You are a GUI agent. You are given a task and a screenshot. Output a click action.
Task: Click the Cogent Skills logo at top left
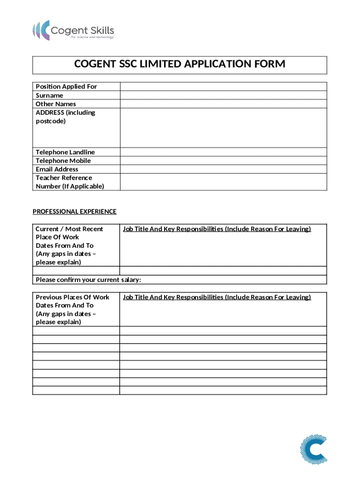click(x=73, y=30)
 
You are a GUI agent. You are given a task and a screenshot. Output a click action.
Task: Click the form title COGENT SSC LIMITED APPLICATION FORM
click(x=180, y=65)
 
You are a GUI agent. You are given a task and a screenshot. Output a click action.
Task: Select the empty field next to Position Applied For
click(x=223, y=87)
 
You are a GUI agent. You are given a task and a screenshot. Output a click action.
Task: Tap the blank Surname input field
click(x=223, y=95)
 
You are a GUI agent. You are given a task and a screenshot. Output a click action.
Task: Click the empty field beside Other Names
click(x=223, y=104)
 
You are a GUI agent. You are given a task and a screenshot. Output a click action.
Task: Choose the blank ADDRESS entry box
click(x=223, y=128)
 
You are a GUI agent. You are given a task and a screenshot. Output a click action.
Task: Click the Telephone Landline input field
click(x=223, y=152)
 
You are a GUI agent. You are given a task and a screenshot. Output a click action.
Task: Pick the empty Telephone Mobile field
click(x=223, y=160)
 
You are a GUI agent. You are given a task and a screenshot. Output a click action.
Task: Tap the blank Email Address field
click(x=223, y=169)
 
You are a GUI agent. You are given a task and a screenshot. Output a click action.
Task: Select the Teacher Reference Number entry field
click(x=223, y=182)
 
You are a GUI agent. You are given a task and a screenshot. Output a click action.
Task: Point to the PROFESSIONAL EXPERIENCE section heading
click(x=74, y=211)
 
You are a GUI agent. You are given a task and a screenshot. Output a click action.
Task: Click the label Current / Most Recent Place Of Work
click(x=69, y=233)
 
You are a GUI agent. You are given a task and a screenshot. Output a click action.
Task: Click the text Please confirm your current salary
click(x=88, y=280)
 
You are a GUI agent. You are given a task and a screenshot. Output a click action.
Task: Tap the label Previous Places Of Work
click(x=72, y=297)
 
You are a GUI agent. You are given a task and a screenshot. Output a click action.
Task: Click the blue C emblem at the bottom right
click(x=313, y=450)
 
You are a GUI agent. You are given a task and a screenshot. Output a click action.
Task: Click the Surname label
click(x=49, y=95)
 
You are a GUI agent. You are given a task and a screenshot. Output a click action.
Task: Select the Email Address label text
click(x=57, y=169)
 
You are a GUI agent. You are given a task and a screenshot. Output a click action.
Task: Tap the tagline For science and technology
click(x=92, y=37)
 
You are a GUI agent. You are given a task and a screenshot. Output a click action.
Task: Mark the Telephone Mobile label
click(x=63, y=160)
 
